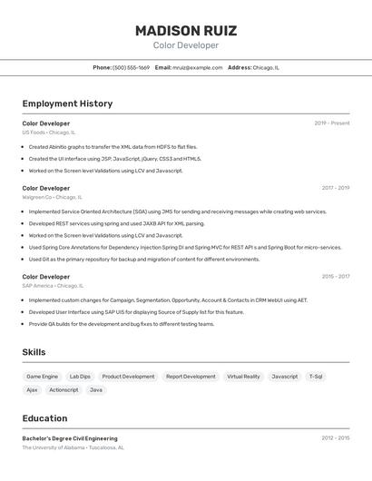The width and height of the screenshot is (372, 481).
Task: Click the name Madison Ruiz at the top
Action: point(186,30)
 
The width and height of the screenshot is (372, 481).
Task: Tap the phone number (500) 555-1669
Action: point(131,67)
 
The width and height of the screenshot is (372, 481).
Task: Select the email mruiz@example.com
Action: point(197,67)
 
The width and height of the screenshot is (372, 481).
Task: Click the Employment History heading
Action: point(67,103)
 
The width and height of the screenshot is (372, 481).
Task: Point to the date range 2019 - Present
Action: point(332,123)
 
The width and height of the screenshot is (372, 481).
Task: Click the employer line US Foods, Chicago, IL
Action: point(49,133)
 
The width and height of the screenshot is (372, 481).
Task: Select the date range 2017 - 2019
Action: point(335,188)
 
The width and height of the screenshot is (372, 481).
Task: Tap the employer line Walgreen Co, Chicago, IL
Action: point(52,197)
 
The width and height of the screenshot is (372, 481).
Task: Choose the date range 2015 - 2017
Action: point(335,276)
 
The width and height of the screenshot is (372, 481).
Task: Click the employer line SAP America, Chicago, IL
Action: point(54,285)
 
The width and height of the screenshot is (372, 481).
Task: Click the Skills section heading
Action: point(34,352)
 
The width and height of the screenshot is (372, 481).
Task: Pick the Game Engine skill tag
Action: point(42,376)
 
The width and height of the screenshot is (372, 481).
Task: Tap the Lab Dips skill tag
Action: point(80,376)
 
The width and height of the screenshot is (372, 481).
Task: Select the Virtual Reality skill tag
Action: point(243,376)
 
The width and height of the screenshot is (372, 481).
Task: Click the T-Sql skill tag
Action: point(316,376)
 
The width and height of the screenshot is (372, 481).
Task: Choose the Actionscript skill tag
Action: point(64,390)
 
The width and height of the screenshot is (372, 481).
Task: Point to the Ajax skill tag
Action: point(32,390)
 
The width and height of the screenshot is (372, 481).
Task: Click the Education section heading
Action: point(44,418)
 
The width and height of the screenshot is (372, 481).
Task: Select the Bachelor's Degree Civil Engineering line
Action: point(70,438)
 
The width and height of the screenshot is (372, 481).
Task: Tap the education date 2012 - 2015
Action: point(335,438)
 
